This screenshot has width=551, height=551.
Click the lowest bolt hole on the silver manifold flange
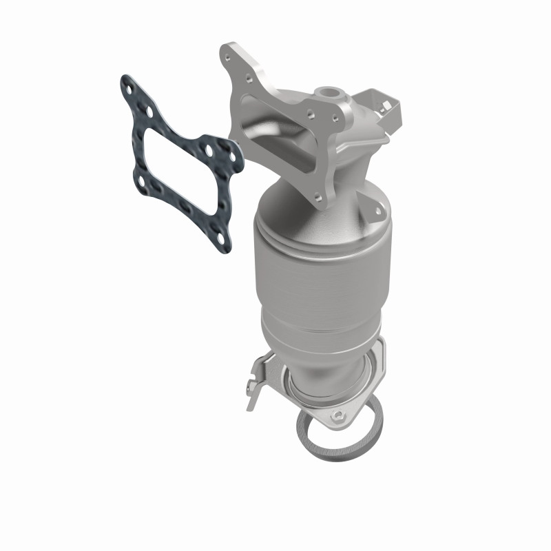coord(318,196)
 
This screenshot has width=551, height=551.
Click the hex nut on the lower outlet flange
coord(339,416)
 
